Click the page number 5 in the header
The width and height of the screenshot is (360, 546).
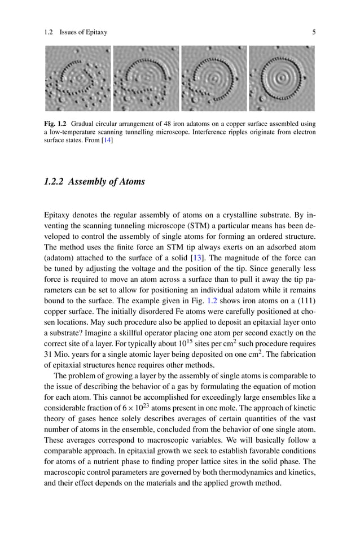314,32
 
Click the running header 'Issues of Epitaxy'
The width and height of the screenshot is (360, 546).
84,32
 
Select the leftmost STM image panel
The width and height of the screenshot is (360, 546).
78,78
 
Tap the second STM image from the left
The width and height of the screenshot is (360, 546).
146,78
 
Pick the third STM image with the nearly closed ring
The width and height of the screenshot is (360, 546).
214,78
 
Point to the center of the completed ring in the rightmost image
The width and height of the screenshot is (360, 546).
282,77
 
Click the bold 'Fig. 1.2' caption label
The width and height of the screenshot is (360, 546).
55,123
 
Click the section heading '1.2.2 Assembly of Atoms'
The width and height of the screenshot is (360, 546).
94,182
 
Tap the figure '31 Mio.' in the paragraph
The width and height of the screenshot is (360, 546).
56,355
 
